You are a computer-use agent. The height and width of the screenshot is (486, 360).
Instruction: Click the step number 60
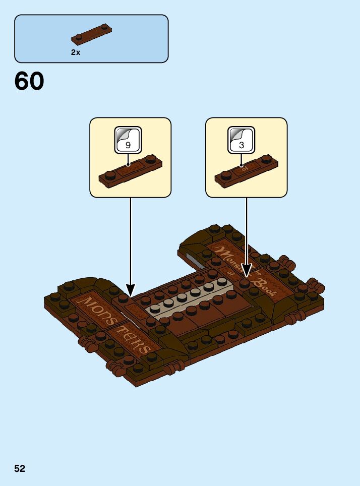pos(29,82)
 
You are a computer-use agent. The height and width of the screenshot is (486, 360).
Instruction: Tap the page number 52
pos(20,468)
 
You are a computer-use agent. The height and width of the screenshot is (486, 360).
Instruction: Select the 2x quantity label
pos(76,52)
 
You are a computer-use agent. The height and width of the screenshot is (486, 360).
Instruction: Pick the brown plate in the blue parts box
pos(91,33)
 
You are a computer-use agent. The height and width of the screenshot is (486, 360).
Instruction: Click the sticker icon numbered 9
pos(128,139)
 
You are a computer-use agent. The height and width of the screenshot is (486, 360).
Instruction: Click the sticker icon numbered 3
pos(242,139)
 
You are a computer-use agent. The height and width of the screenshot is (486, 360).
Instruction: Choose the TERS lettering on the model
pos(132,339)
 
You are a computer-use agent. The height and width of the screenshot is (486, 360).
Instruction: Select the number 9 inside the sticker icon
pos(128,145)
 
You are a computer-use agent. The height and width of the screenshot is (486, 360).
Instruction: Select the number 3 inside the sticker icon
pos(242,145)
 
